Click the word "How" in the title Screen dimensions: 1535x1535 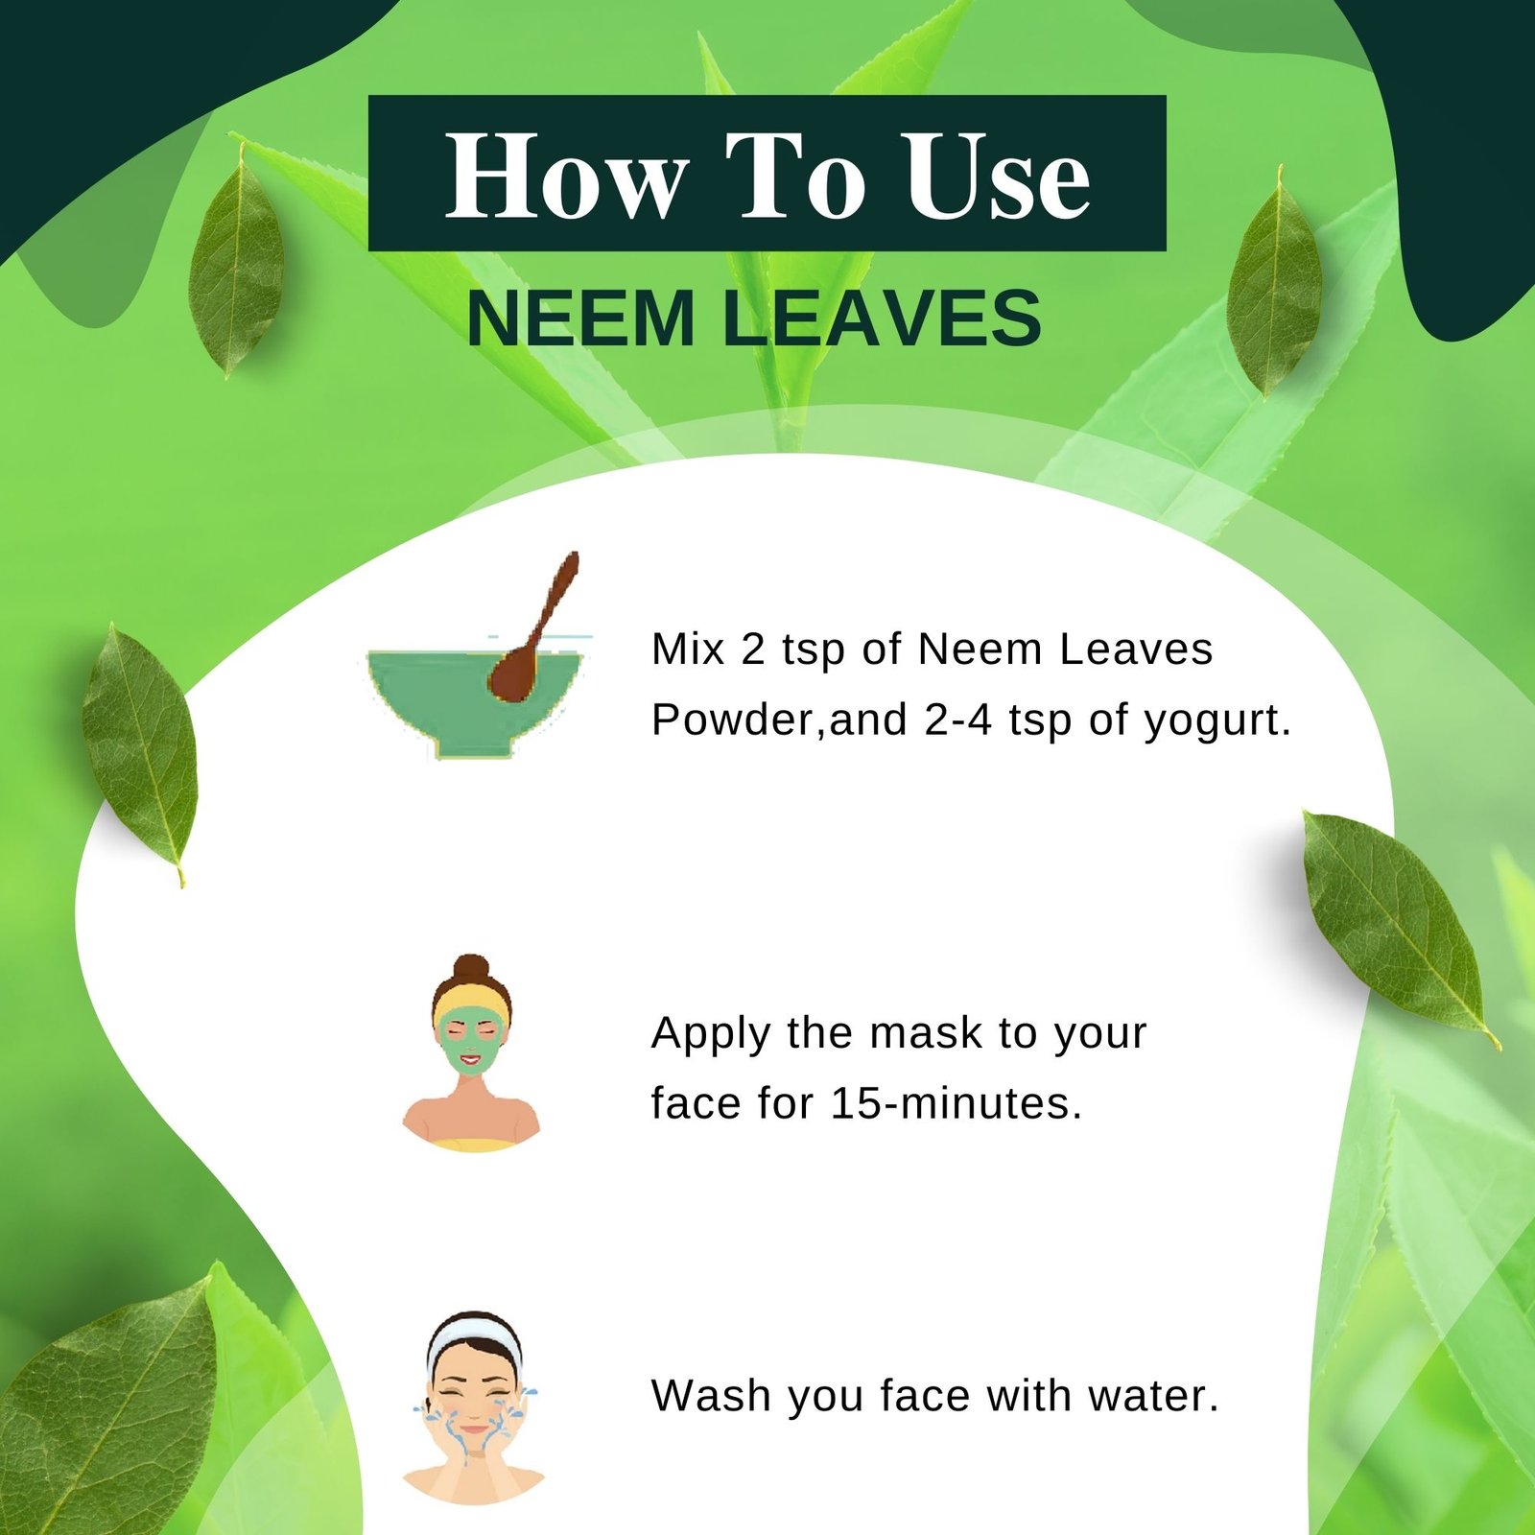[x=566, y=176]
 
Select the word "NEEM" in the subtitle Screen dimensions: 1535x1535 [x=580, y=318]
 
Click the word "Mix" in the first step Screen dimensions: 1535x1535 [x=687, y=649]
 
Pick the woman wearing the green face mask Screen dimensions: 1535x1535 [x=471, y=1055]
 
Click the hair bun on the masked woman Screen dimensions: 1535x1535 [x=471, y=969]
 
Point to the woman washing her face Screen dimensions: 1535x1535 [x=474, y=1410]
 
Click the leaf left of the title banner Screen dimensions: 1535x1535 [x=236, y=259]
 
